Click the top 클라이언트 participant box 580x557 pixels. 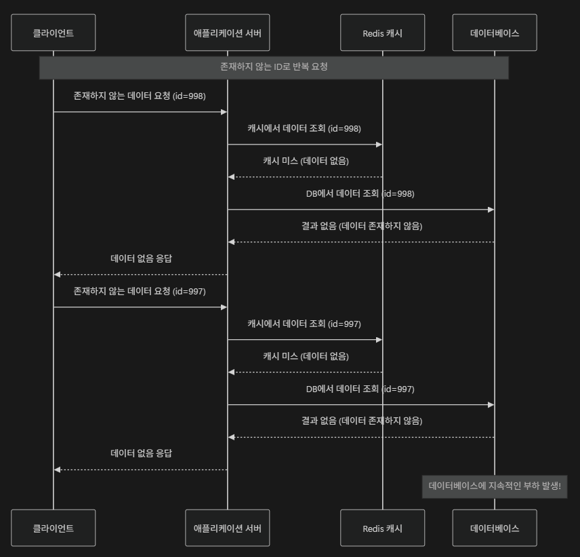(53, 33)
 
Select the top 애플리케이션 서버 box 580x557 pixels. (227, 33)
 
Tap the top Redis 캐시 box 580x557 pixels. (382, 33)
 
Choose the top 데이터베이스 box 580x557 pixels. (495, 33)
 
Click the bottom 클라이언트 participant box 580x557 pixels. (53, 528)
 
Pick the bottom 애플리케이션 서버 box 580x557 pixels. (227, 528)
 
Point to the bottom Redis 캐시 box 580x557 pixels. (382, 528)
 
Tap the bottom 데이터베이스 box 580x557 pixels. (495, 528)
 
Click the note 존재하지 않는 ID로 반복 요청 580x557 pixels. (274, 67)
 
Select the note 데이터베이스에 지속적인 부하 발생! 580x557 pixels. (495, 486)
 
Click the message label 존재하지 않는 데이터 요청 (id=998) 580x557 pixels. (140, 96)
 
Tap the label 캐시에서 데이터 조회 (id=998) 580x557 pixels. (304, 128)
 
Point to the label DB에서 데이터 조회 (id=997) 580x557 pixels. (360, 389)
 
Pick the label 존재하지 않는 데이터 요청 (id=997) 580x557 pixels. (140, 291)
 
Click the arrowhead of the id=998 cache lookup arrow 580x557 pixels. (379, 145)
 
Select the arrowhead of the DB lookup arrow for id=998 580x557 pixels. (491, 210)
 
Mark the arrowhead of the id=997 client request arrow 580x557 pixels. (224, 307)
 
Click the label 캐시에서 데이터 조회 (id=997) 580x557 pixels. (304, 324)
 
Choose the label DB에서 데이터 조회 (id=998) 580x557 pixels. (360, 193)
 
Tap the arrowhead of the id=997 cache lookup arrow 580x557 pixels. (379, 340)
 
